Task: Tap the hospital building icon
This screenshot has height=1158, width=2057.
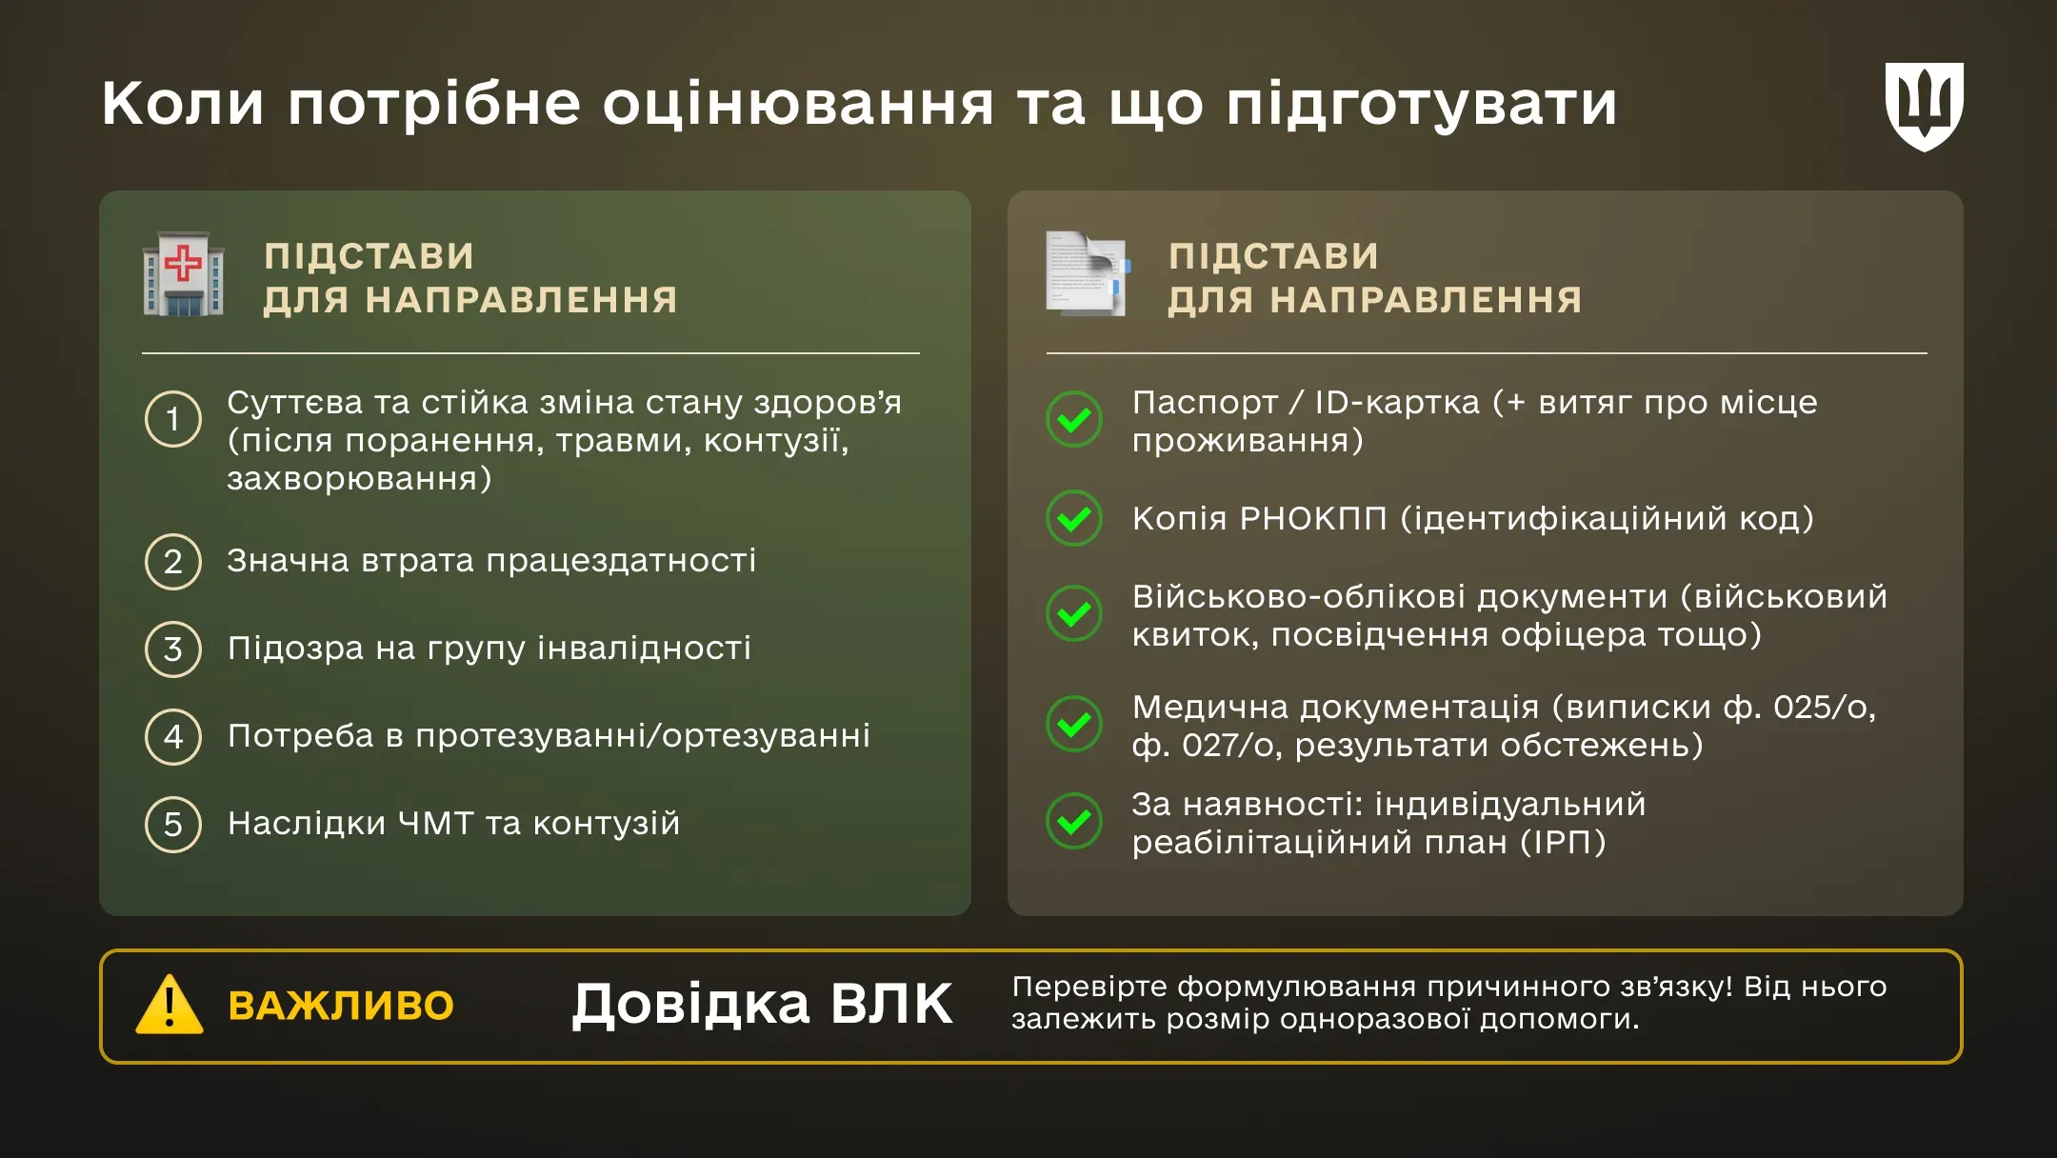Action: (x=183, y=273)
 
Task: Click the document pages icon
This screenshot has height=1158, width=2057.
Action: (x=1087, y=273)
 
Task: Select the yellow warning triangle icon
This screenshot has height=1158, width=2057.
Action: (x=170, y=1006)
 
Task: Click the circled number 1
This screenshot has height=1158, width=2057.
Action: (x=172, y=419)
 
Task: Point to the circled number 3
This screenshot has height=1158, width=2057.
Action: (x=172, y=649)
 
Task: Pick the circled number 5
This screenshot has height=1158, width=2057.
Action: (x=172, y=825)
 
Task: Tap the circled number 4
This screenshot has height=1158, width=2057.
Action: (x=172, y=737)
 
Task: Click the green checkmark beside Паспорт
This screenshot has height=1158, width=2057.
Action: (x=1074, y=419)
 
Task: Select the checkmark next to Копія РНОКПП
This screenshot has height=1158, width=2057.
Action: (x=1074, y=518)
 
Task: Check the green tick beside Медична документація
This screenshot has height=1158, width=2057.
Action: (x=1074, y=725)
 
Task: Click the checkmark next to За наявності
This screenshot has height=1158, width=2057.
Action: (x=1074, y=821)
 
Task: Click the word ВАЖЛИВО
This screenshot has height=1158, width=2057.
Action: (x=341, y=1007)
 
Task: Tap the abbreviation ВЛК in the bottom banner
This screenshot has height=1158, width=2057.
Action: (x=890, y=1004)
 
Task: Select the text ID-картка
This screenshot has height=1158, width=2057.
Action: (x=1397, y=403)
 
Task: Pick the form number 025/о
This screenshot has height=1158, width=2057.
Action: (x=1824, y=708)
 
